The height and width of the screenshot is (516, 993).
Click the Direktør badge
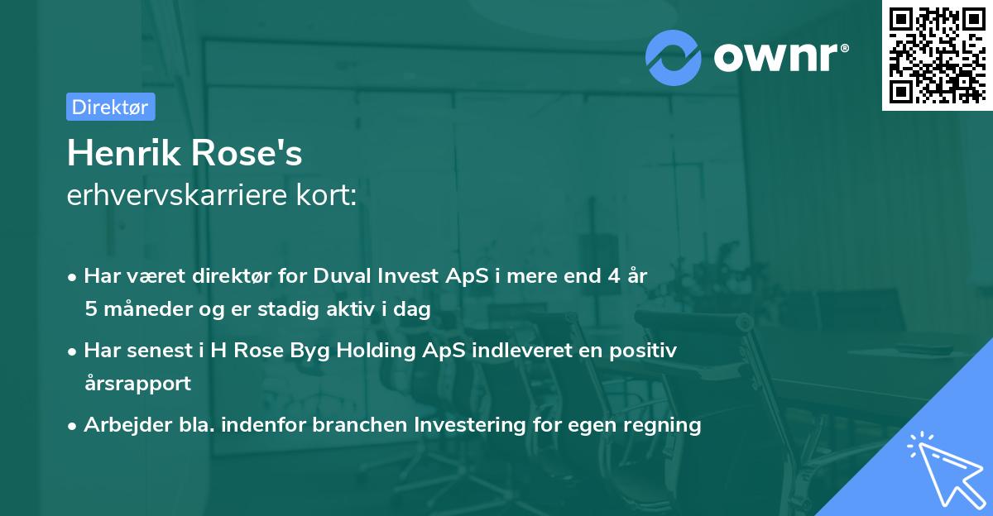point(110,107)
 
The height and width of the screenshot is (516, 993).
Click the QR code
point(937,55)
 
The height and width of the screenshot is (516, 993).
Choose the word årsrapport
point(137,383)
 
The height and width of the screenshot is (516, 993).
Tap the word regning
point(666,425)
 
